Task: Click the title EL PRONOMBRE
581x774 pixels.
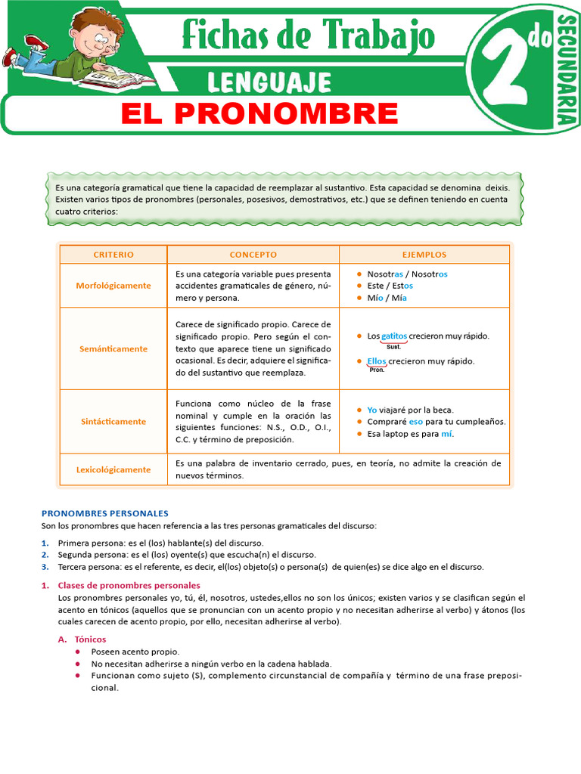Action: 259,114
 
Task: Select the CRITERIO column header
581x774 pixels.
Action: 113,255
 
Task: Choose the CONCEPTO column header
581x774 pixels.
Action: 253,255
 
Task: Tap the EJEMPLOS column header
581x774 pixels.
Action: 424,255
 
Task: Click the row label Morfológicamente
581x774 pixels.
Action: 113,286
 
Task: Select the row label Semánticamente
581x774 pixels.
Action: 113,349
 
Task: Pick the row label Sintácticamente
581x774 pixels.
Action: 113,422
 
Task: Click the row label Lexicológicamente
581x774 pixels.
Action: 113,469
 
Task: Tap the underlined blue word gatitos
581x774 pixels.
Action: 394,336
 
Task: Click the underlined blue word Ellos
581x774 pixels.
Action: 377,361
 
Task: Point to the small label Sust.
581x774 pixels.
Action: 393,347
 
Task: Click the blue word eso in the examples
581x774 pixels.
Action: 415,422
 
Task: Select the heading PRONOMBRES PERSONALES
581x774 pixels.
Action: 104,513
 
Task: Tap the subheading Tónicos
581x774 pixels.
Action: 90,639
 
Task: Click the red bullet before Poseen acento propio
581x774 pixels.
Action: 79,652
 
